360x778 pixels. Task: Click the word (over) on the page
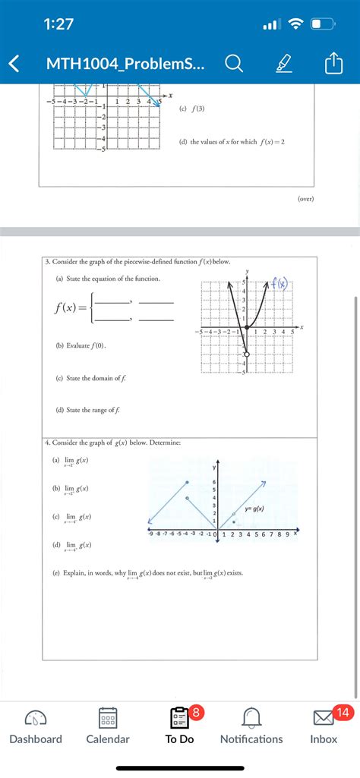coord(305,199)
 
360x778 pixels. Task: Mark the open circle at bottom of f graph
coord(246,354)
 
